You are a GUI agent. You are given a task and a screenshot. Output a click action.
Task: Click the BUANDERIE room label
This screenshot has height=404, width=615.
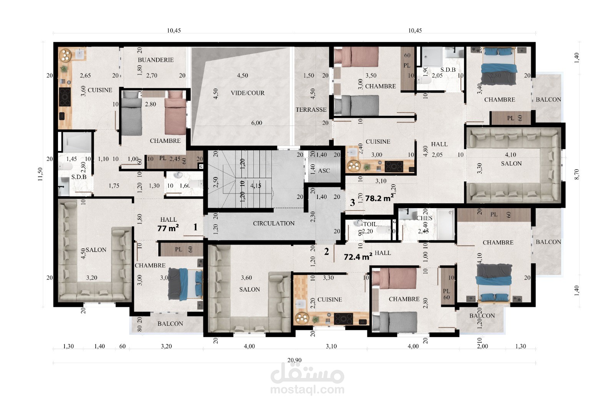point(156,60)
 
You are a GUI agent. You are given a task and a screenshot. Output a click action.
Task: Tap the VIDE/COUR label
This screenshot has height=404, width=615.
point(248,93)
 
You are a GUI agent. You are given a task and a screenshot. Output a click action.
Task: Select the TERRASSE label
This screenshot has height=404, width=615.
point(311,110)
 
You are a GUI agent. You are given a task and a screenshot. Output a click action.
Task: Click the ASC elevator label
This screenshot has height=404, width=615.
point(324,171)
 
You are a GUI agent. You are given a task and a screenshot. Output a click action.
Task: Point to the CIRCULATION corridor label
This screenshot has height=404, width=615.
point(274,223)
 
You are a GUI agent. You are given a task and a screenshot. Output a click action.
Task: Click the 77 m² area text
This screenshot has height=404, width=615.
point(168,228)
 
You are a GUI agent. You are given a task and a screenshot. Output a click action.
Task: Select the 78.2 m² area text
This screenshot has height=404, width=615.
point(379,198)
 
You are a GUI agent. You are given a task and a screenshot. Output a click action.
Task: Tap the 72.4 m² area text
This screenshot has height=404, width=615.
point(357,257)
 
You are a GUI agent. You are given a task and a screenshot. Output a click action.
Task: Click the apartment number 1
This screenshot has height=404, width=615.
point(195,227)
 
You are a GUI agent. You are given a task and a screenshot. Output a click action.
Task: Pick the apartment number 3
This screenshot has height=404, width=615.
point(352,201)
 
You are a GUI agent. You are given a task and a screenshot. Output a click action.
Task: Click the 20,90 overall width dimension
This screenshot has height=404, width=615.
point(294,360)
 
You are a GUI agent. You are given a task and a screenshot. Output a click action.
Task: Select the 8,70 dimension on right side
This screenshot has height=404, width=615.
point(576,174)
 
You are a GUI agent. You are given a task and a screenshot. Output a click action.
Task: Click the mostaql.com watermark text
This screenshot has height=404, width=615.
point(307,390)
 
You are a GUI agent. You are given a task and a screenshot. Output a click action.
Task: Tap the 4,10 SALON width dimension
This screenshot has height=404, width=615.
point(510,155)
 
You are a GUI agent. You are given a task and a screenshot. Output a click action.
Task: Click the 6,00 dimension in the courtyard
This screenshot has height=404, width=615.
point(256,123)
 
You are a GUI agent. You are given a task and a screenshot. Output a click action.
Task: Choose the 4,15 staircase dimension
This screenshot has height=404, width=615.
point(256,185)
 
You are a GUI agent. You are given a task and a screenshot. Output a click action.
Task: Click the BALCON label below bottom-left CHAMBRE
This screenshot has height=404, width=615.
point(170,324)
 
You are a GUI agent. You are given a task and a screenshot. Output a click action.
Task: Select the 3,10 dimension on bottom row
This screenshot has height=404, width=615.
point(331,346)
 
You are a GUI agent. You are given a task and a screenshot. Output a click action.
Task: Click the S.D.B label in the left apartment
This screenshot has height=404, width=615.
point(79,177)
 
